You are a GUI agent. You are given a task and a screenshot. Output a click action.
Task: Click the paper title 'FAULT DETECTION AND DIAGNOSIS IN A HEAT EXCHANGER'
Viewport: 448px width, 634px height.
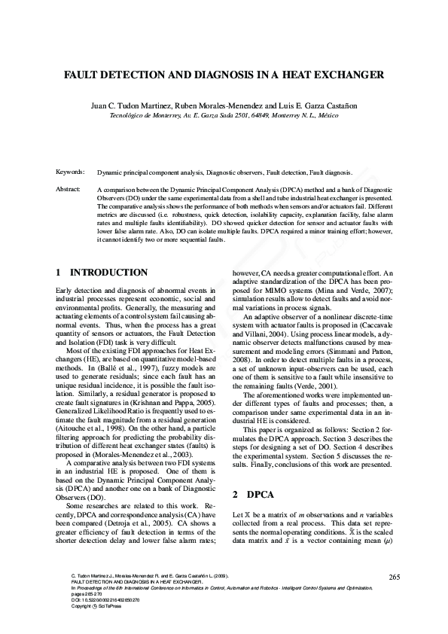tap(224, 75)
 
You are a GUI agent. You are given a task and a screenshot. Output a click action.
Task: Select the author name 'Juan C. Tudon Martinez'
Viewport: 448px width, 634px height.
tap(133, 106)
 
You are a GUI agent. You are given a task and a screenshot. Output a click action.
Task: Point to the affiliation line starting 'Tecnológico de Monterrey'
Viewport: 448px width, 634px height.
tap(224, 117)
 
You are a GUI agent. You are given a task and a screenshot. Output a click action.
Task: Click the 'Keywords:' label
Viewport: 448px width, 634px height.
tap(71, 172)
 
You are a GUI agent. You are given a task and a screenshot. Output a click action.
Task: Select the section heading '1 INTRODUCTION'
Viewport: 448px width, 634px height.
tap(102, 272)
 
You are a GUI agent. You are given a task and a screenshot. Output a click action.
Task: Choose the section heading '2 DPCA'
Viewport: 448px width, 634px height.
tap(253, 495)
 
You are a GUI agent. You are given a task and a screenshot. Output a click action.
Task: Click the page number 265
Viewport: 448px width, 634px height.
tap(394, 577)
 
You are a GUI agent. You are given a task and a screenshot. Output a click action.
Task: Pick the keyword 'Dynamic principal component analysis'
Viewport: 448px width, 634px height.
tap(150, 172)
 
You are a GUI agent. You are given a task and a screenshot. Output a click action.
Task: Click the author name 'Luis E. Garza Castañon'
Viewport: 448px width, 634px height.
tap(320, 106)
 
